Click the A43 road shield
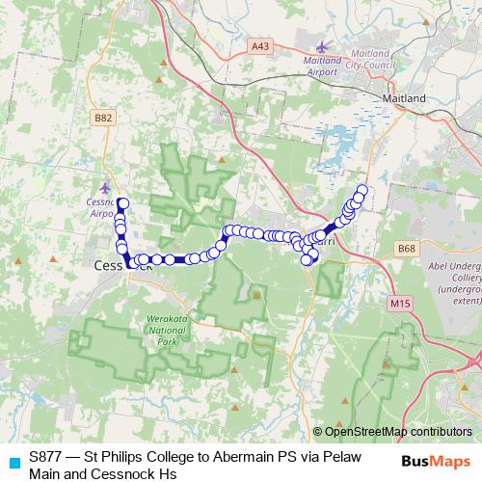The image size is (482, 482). coord(259,45)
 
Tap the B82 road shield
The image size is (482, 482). coord(104,118)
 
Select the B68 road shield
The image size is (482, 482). coord(406,248)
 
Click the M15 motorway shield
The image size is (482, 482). coord(400,304)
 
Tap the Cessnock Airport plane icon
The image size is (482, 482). coord(105,187)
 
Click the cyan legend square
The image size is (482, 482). coord(13,462)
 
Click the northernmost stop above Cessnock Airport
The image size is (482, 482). coord(122,202)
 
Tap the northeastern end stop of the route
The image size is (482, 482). coord(363,190)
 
